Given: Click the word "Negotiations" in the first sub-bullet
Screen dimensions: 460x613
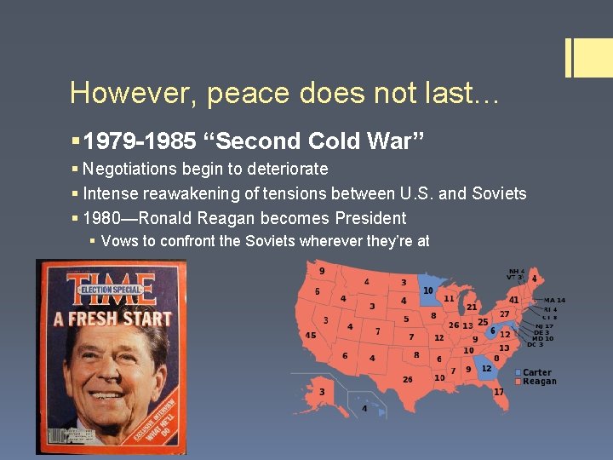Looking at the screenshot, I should pyautogui.click(x=133, y=169).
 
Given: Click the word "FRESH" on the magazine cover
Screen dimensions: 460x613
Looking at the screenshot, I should pyautogui.click(x=103, y=320).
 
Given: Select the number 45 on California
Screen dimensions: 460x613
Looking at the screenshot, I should pyautogui.click(x=311, y=335).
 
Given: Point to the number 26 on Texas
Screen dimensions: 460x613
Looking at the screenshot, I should pyautogui.click(x=409, y=379).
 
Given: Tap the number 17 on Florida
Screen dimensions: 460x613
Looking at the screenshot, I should pyautogui.click(x=498, y=392).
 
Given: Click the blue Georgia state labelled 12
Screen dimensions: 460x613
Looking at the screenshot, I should pyautogui.click(x=485, y=368).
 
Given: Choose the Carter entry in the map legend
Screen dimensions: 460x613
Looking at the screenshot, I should pyautogui.click(x=536, y=372).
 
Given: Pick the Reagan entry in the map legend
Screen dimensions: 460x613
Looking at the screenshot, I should pyautogui.click(x=538, y=382).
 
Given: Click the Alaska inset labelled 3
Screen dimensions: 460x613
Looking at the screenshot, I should pyautogui.click(x=322, y=392).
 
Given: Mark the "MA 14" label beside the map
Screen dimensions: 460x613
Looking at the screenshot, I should pyautogui.click(x=554, y=300).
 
